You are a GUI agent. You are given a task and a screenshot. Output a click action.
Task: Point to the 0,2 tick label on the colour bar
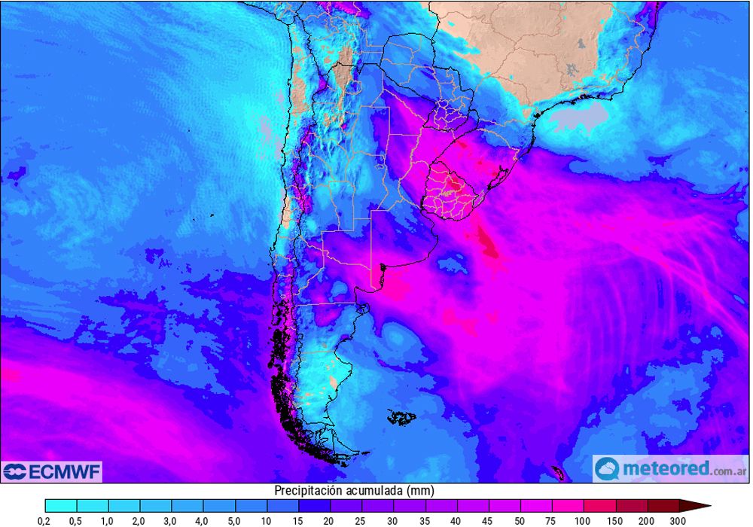pos(45,520)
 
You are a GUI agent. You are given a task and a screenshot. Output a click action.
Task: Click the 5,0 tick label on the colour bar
pos(235,520)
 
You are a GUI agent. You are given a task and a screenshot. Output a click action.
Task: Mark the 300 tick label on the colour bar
pos(678,520)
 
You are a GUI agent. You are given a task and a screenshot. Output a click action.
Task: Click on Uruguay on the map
pos(450,192)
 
